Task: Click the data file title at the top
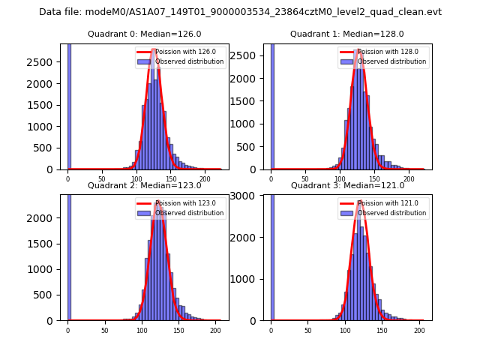tap(240, 12)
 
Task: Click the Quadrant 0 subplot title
tap(144, 34)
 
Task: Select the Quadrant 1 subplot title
tap(346, 34)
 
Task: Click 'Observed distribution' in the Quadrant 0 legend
tap(189, 61)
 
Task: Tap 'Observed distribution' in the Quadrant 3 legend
tap(391, 213)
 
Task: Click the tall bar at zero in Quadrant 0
tap(69, 105)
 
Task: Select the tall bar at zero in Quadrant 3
tap(271, 255)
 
